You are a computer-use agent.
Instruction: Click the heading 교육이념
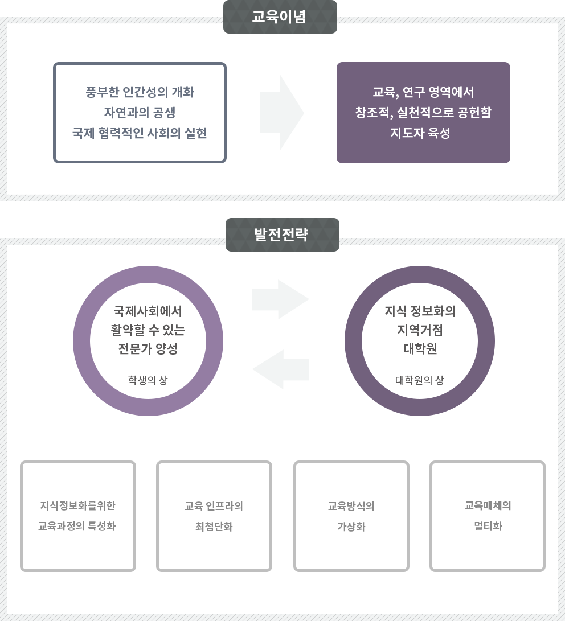(279, 17)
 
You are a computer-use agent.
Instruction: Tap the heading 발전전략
(281, 235)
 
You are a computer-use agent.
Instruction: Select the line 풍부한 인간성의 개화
(140, 92)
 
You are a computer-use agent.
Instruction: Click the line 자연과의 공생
(140, 113)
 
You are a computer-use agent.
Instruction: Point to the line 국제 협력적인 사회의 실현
(140, 133)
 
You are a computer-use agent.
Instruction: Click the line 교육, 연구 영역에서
(423, 92)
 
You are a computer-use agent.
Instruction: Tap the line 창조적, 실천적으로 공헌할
(423, 113)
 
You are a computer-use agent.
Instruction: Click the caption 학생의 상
(148, 380)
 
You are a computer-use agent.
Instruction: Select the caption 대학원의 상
(420, 380)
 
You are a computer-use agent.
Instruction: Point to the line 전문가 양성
(148, 349)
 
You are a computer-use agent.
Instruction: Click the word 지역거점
(420, 330)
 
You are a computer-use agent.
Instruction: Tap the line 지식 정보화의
(420, 311)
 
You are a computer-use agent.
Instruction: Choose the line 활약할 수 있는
(148, 330)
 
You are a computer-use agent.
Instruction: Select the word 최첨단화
(214, 527)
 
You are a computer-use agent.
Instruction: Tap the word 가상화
(351, 527)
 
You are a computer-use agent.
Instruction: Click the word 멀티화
(488, 527)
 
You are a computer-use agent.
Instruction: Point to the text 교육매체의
(488, 505)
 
